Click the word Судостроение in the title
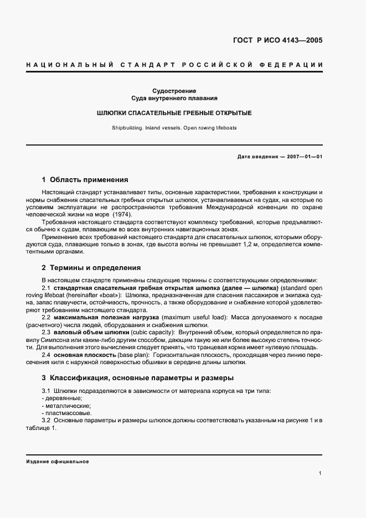point(174,91)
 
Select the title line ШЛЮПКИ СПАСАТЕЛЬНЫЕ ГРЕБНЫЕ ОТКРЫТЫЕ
point(174,113)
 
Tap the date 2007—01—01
point(303,157)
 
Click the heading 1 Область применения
point(85,179)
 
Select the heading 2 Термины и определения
point(91,267)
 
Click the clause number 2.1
point(46,288)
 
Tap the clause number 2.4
point(46,354)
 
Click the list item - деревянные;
point(62,398)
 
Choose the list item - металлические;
point(65,406)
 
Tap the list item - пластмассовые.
point(66,413)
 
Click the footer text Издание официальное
point(57,461)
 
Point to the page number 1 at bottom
point(321,473)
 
